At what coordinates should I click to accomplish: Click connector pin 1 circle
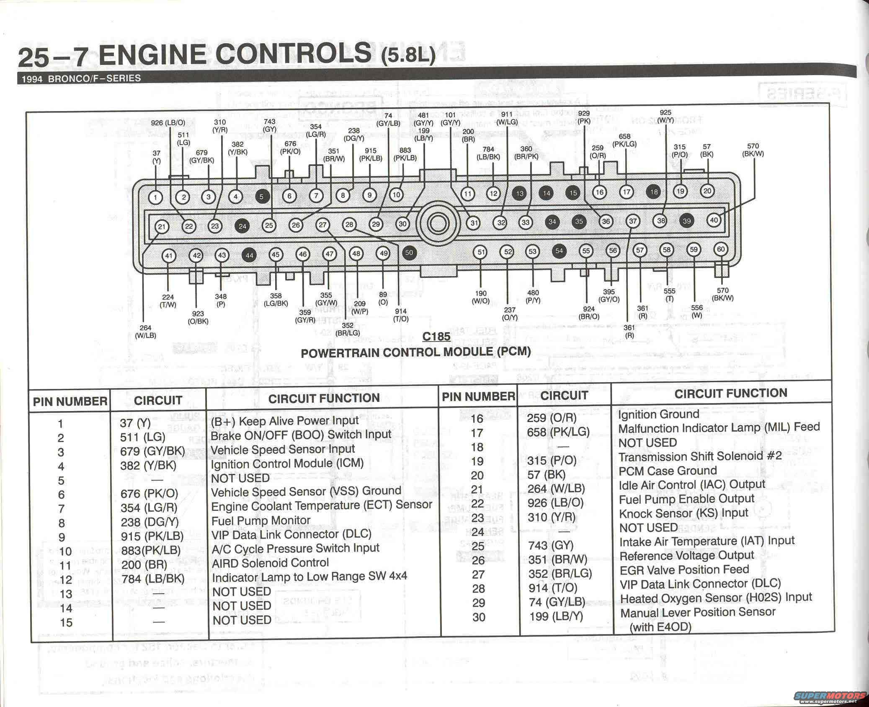tap(156, 197)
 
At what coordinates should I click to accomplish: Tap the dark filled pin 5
tap(262, 196)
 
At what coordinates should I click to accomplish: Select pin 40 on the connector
tap(714, 220)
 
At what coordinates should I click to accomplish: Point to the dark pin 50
tap(409, 252)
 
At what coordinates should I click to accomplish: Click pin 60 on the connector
tap(720, 249)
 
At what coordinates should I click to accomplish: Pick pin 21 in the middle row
tap(162, 227)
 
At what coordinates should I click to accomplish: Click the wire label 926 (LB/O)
tap(168, 123)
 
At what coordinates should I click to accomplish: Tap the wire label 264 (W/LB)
tap(145, 331)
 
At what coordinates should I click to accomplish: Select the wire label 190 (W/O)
tap(480, 297)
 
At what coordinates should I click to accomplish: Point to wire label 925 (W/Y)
tap(665, 116)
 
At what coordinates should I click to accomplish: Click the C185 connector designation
tap(436, 337)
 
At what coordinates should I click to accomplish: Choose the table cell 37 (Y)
tap(135, 423)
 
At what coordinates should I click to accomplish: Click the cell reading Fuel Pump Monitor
tap(260, 521)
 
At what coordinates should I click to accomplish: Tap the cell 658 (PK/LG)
tap(558, 432)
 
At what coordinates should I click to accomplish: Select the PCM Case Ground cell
tap(668, 471)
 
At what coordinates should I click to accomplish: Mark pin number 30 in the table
tap(479, 616)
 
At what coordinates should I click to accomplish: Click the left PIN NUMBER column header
tap(70, 401)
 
